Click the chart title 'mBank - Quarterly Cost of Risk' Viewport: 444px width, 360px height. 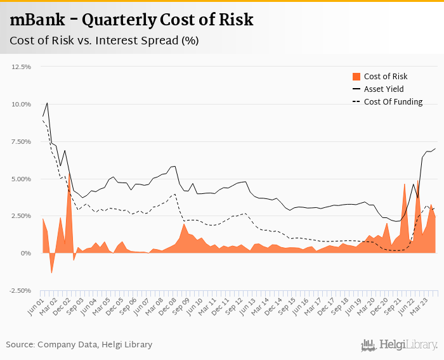(x=131, y=20)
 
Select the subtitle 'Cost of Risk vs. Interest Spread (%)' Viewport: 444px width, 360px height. (x=104, y=41)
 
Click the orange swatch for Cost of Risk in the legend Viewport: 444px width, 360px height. (x=356, y=77)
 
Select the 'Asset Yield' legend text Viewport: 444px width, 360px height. (x=384, y=89)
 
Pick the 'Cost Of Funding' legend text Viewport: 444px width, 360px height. (x=393, y=102)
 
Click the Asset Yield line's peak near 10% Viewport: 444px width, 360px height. (x=47, y=103)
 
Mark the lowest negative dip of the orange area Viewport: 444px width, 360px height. (x=51, y=273)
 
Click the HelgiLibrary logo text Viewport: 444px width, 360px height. (x=407, y=345)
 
